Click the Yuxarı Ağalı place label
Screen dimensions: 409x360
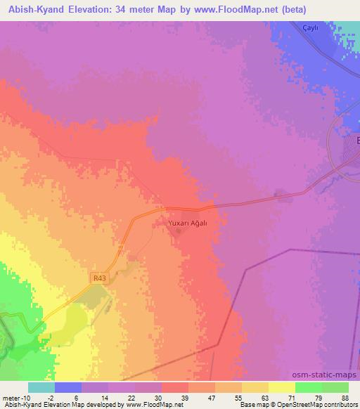188,223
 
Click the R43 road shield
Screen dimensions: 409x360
98,278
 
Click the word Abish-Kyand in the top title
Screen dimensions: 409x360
44,10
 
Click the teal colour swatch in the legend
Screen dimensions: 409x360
41,387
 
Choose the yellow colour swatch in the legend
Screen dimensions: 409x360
281,387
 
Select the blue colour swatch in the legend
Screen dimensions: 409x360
67,387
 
